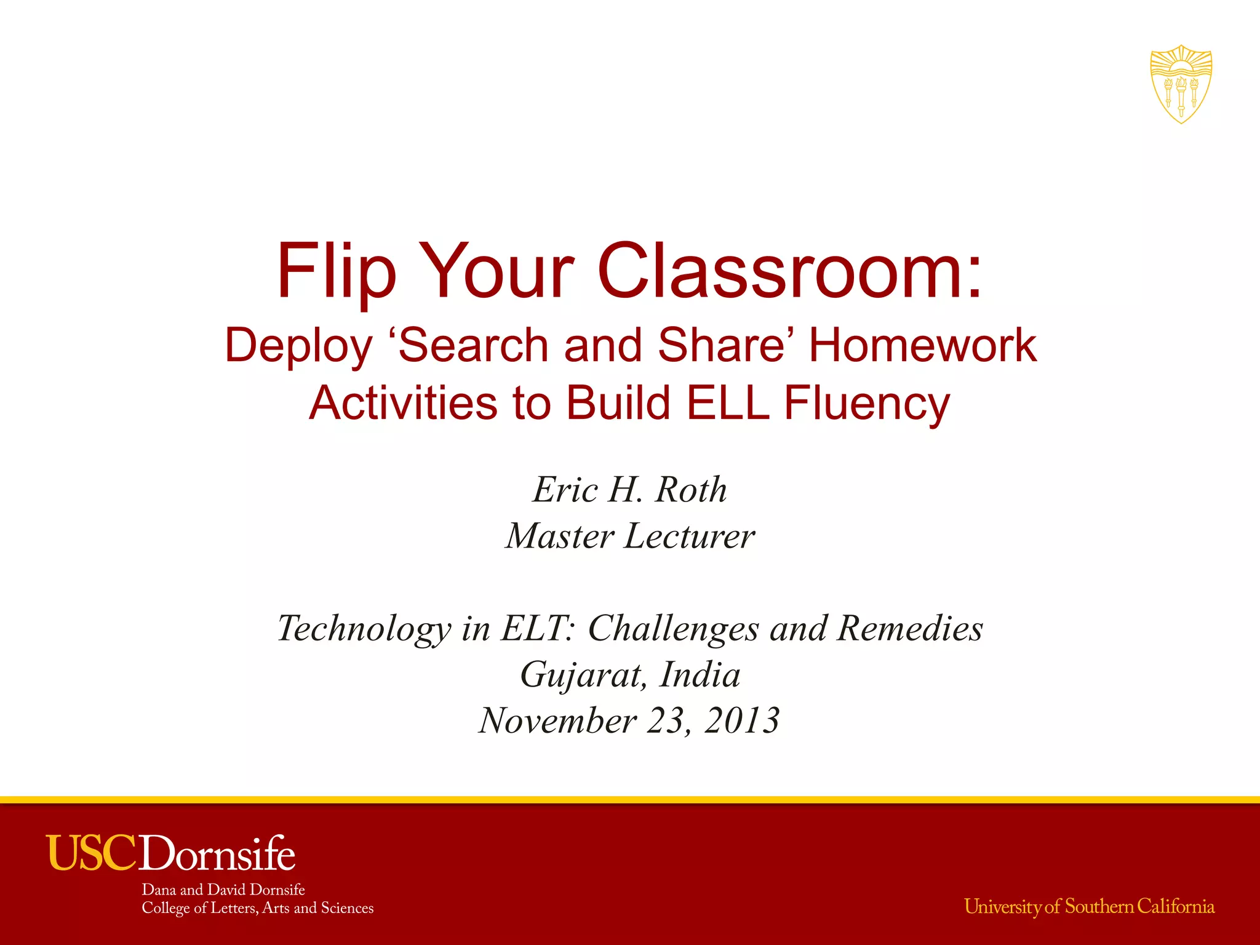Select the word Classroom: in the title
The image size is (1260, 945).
coord(790,271)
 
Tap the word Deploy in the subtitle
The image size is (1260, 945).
coord(299,346)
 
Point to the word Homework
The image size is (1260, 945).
coord(922,345)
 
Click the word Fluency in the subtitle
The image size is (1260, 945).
coord(867,404)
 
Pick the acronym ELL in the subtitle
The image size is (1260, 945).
coord(728,404)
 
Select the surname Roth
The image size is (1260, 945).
coord(690,490)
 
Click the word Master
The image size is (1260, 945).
coord(559,536)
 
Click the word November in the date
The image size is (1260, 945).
coord(557,720)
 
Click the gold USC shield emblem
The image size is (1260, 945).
coord(1181,84)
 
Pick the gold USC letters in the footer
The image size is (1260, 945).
coord(92,853)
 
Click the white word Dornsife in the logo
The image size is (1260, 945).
coord(218,853)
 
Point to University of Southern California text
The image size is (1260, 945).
coord(1089,907)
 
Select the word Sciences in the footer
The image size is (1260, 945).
coord(347,908)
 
